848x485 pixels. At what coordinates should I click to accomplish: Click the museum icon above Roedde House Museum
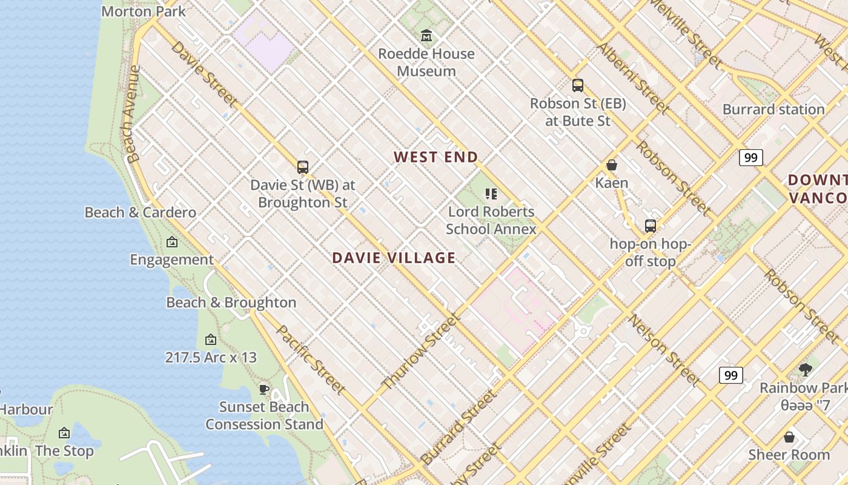426,36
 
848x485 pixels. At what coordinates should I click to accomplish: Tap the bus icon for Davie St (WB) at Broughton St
303,167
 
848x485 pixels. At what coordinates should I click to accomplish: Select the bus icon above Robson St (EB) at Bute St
578,85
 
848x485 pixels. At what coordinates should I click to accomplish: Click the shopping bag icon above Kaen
612,165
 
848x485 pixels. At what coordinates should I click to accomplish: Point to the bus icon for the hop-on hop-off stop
651,226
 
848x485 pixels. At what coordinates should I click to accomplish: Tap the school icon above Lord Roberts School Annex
491,194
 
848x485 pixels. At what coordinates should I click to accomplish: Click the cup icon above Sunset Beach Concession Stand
264,389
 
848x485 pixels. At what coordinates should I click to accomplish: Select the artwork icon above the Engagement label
172,242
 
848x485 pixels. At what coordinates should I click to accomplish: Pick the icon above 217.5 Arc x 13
211,339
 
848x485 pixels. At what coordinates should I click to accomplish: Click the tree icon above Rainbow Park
806,370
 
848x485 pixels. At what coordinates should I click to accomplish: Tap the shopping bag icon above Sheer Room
789,437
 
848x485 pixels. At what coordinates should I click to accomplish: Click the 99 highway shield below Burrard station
750,158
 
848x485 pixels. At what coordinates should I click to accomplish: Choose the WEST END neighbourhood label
436,157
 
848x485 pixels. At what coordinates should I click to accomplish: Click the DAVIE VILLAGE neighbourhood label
394,258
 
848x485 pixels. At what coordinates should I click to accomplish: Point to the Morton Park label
144,11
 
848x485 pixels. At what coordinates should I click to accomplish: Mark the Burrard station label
773,110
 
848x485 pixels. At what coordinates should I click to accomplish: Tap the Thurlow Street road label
421,352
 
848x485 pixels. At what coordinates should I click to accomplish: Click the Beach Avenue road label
132,114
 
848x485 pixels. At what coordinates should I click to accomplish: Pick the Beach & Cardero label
141,212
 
